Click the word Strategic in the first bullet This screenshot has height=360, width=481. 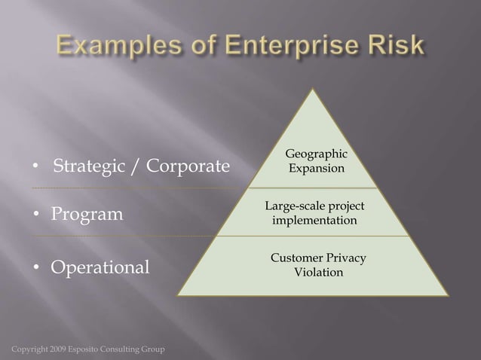coord(91,166)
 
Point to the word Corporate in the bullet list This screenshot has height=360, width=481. coord(188,166)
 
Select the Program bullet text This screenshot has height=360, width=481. coord(87,215)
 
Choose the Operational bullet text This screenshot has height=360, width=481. coord(100,267)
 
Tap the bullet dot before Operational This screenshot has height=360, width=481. coord(35,268)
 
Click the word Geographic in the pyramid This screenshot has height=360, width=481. coord(317,154)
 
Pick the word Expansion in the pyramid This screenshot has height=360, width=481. coord(317,168)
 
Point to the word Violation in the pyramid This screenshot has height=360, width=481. coord(318,272)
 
